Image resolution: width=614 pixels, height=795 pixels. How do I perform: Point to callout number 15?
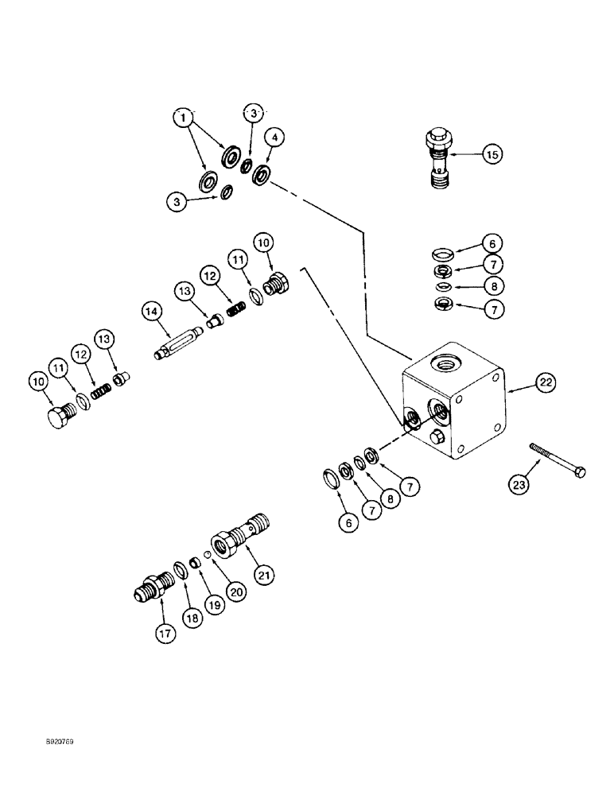pyautogui.click(x=492, y=156)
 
